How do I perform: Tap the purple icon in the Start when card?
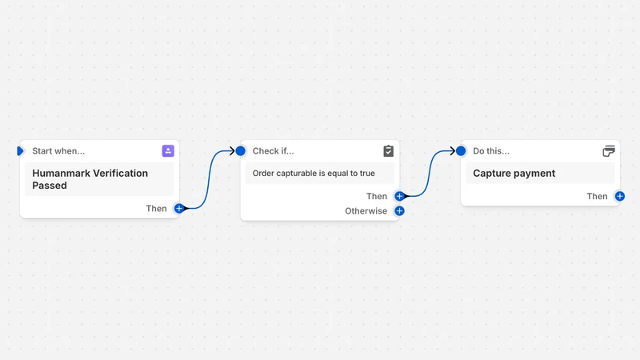(168, 151)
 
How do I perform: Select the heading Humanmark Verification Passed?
(90, 179)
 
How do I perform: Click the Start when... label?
(58, 151)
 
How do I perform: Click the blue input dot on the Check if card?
(241, 151)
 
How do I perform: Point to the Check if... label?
(273, 151)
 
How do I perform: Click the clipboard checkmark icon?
(388, 151)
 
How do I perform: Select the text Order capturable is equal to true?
(314, 173)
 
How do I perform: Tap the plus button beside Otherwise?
(399, 211)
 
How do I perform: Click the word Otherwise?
(366, 211)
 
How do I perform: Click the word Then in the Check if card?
(376, 196)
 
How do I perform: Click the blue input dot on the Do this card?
(461, 151)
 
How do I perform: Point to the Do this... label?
(491, 151)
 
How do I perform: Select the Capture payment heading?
(514, 173)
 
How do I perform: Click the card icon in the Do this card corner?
(609, 151)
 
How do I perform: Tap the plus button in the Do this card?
(619, 196)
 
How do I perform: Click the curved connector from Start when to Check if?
(209, 179)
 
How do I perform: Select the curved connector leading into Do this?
(429, 174)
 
